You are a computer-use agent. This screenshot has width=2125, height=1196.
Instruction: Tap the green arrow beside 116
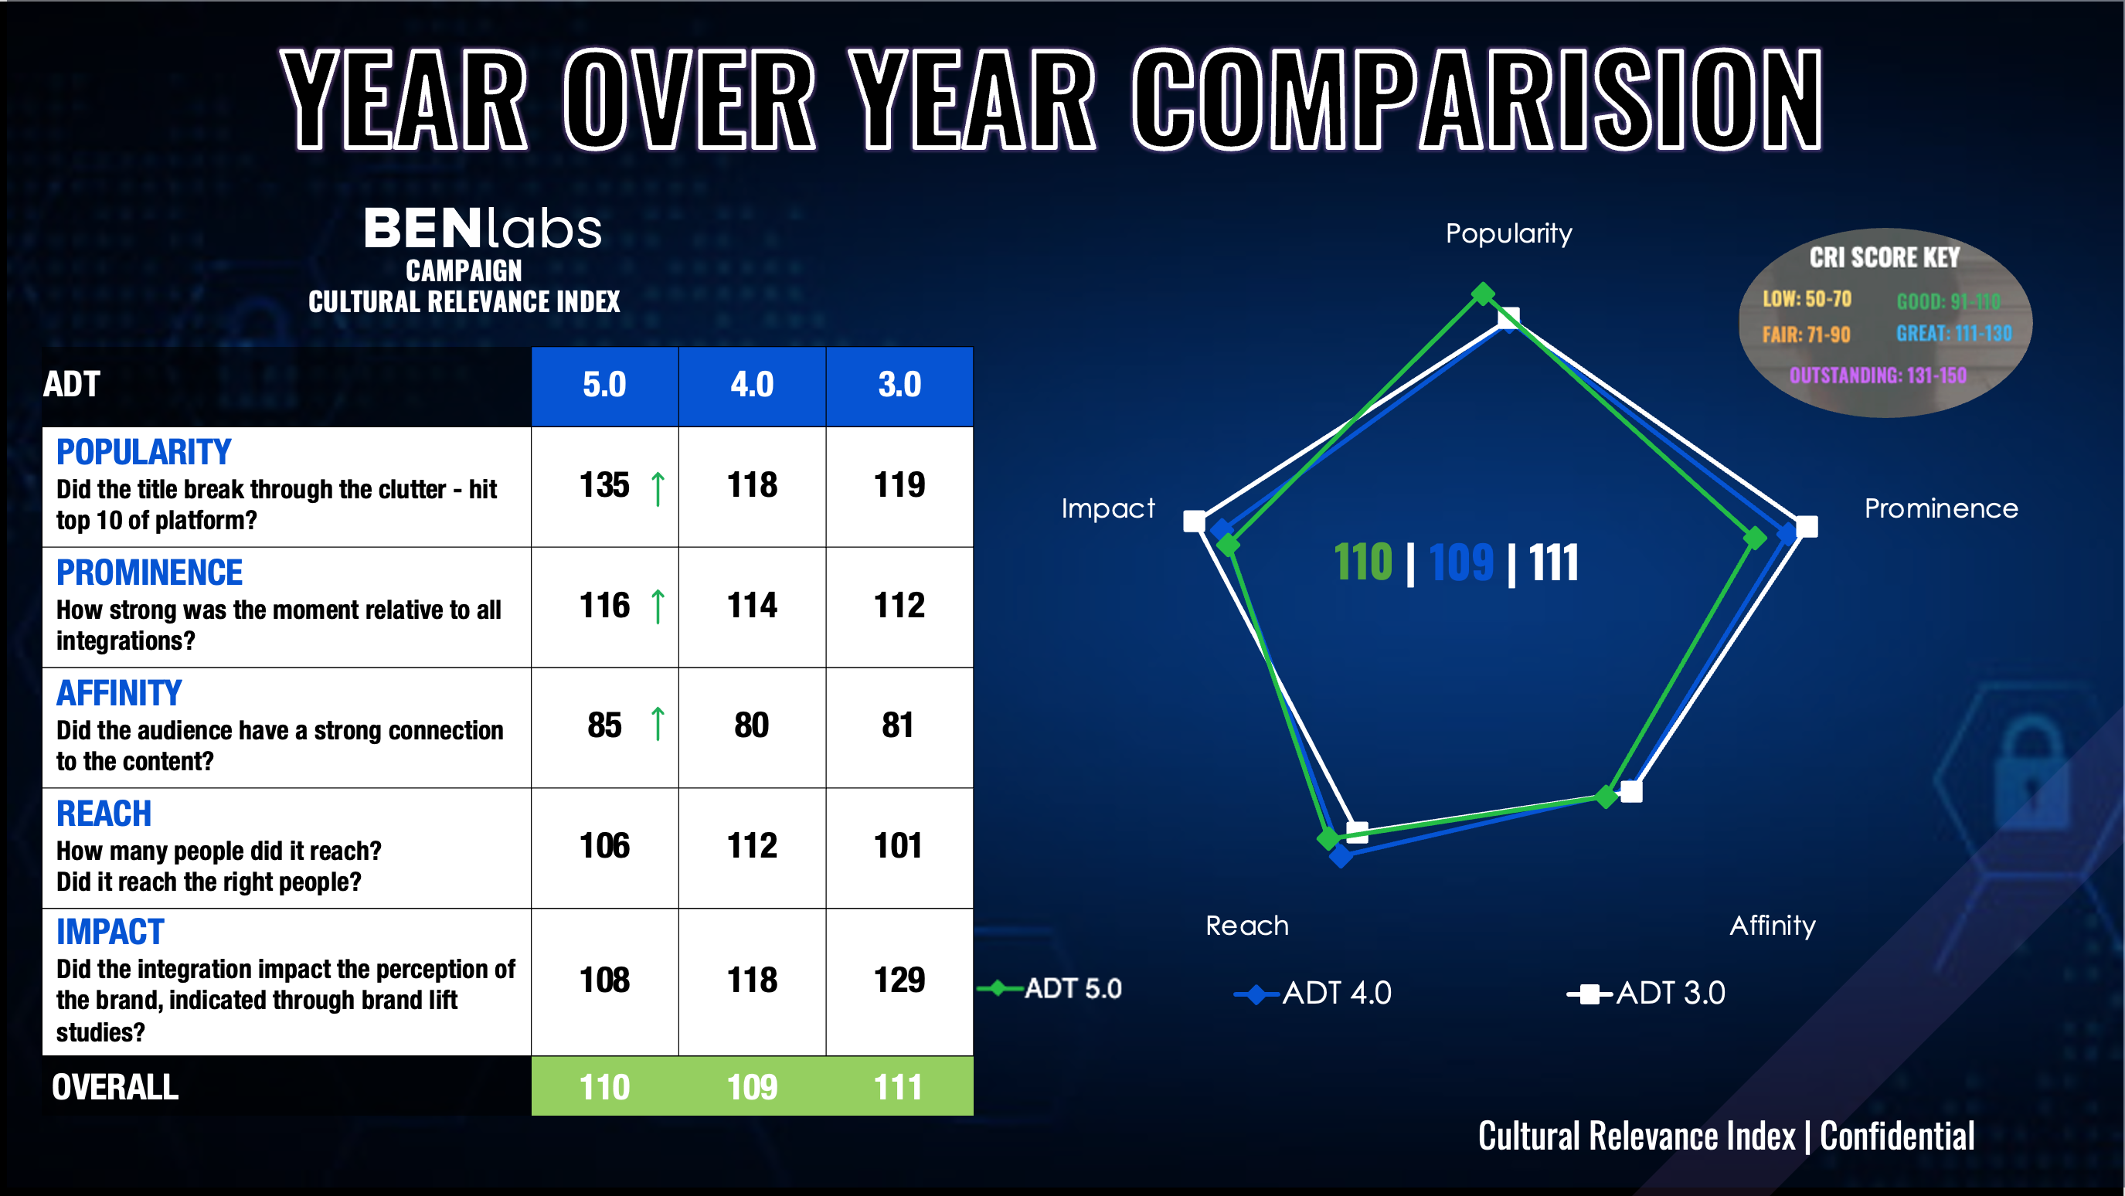(658, 606)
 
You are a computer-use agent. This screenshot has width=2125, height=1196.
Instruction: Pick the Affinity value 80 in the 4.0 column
(752, 725)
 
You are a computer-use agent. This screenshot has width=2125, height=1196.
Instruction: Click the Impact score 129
(899, 980)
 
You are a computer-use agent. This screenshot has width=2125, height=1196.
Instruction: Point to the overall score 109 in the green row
(752, 1087)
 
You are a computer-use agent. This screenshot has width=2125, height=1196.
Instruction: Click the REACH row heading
(104, 814)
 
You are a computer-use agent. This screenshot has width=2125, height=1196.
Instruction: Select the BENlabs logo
(483, 229)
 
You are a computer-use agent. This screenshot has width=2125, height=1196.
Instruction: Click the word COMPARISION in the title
(1476, 100)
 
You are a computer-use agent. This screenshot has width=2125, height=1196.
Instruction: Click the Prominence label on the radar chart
(1940, 508)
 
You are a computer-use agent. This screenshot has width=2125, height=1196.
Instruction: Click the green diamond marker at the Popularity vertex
(1482, 294)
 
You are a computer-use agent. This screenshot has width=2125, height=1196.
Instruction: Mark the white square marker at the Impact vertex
(1194, 522)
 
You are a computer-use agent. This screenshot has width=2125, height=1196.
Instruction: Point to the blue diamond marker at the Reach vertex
(1341, 856)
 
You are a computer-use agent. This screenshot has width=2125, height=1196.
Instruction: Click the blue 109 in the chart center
(1460, 563)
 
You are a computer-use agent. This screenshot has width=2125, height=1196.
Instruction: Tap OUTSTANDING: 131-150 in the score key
(1878, 376)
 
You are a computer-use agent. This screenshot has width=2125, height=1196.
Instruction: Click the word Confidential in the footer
(1896, 1137)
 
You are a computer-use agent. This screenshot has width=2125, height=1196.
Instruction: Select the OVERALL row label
(115, 1087)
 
